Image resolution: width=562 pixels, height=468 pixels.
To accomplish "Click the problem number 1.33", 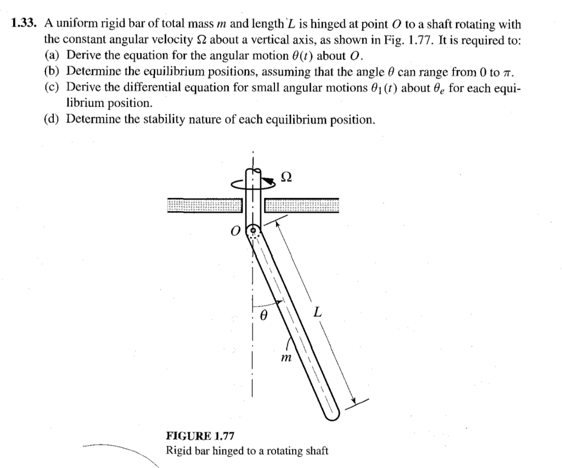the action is [x=23, y=24].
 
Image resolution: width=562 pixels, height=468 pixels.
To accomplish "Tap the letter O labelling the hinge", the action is [x=234, y=232].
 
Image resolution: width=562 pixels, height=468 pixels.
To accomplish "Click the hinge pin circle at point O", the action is [x=253, y=230].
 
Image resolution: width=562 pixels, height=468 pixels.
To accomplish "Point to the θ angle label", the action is [x=263, y=315].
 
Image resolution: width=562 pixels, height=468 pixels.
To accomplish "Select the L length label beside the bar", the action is [x=317, y=313].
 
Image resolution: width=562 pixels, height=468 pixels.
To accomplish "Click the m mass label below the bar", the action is [x=286, y=358].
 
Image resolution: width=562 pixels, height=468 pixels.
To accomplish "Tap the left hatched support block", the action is [x=205, y=205].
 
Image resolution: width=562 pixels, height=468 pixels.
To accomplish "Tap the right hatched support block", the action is [x=302, y=205].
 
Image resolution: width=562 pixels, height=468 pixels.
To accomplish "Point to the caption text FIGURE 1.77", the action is [x=200, y=436].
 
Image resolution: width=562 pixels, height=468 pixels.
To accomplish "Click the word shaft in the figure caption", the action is [x=317, y=450].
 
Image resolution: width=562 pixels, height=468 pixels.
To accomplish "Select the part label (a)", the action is [x=52, y=55].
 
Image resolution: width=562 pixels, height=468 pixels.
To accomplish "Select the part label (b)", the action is [x=52, y=71].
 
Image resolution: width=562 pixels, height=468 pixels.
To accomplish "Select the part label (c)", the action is [x=52, y=87].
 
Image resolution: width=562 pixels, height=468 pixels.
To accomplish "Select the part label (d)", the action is [x=52, y=119].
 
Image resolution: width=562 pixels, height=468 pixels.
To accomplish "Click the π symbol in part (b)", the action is [x=508, y=73].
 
